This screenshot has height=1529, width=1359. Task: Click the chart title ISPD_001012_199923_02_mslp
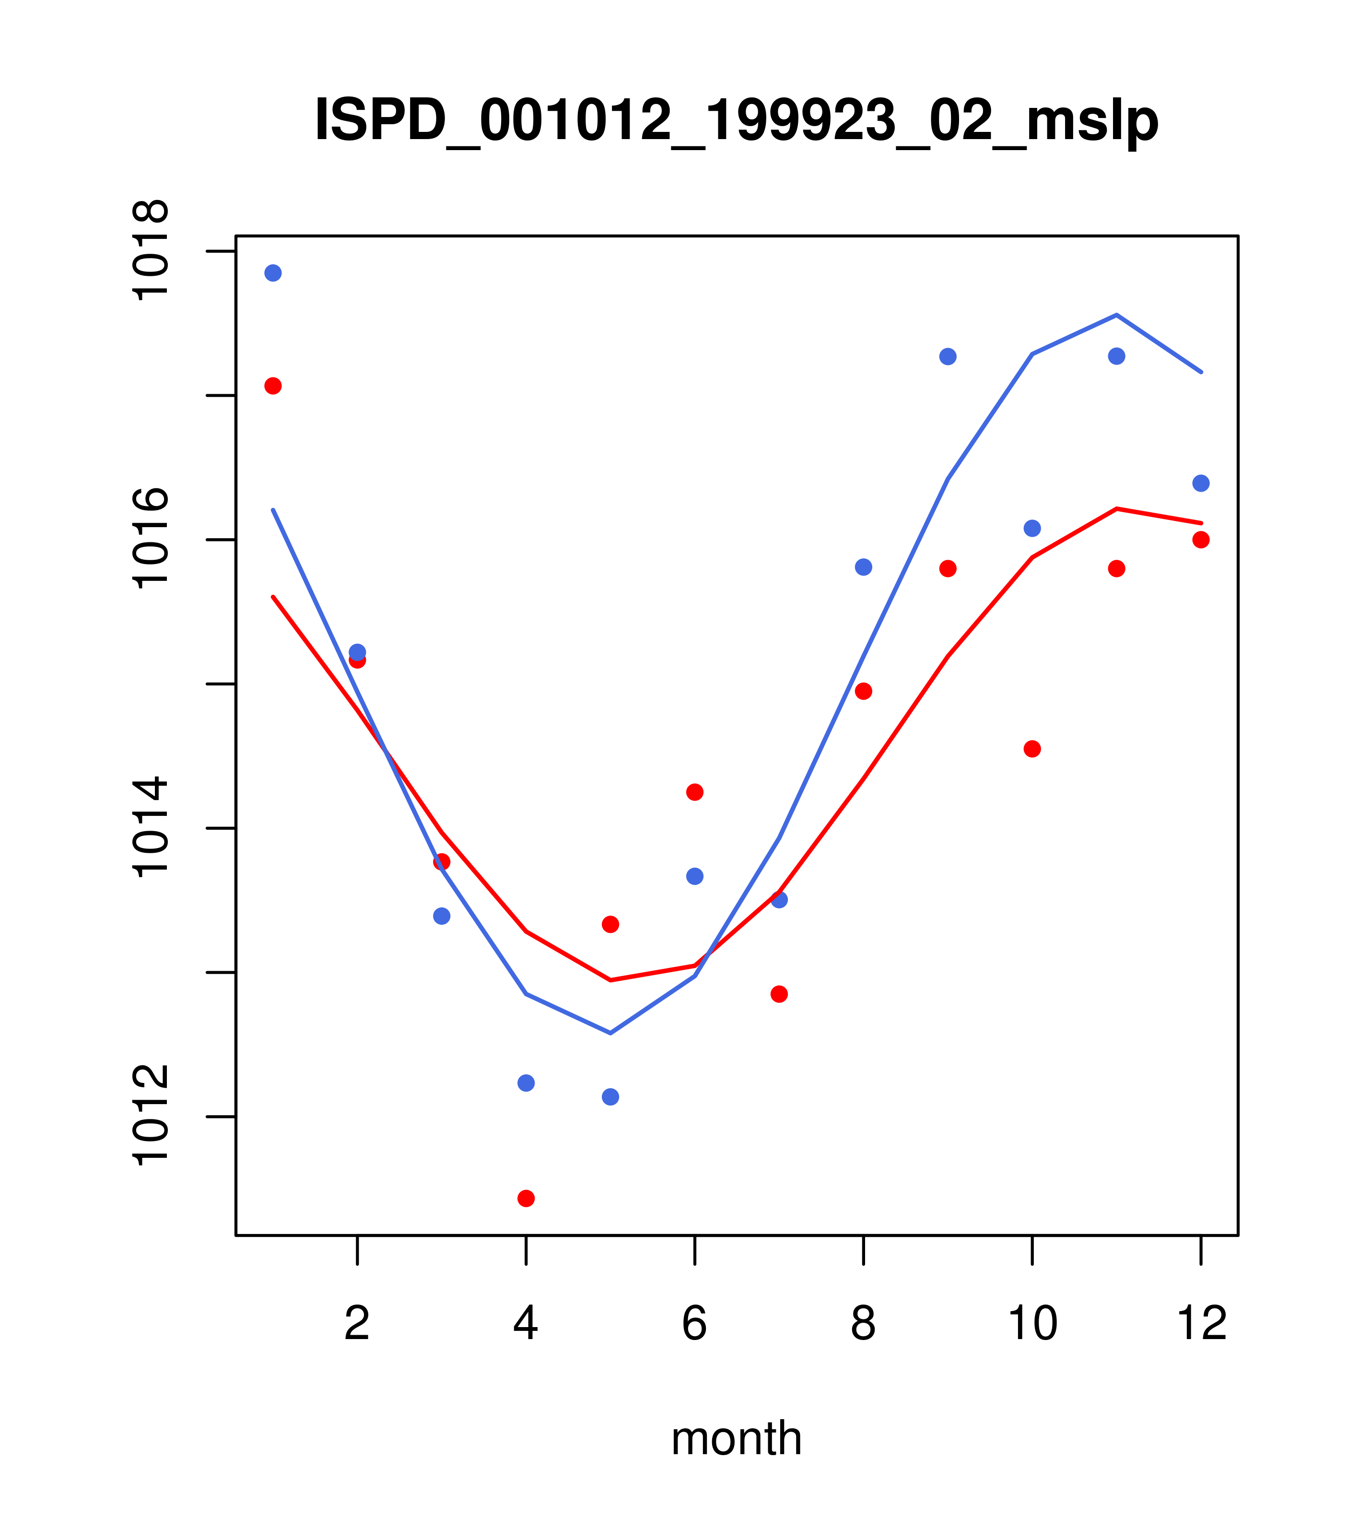736,120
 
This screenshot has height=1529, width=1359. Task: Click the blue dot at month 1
273,273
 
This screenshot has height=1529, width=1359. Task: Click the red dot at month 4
527,1199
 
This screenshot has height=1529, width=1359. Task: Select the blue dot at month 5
610,1097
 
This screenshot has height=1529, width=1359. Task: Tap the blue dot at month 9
948,356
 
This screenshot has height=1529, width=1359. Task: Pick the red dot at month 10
1032,749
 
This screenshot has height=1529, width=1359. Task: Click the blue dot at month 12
1201,483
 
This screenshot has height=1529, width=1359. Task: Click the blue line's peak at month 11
1117,315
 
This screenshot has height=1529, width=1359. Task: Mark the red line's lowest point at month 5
610,980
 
